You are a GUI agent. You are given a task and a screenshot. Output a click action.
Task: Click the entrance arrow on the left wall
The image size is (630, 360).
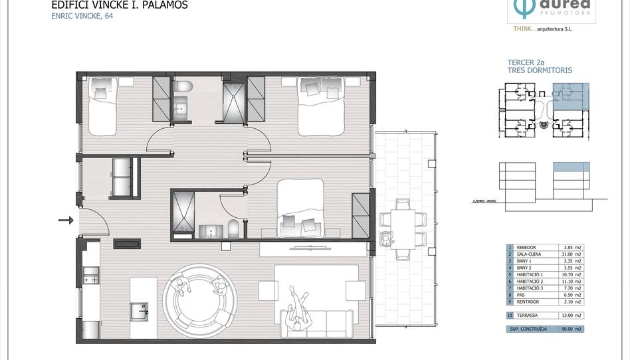pyautogui.click(x=66, y=220)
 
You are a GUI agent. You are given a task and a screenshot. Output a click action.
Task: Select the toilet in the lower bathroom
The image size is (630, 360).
pyautogui.click(x=233, y=228)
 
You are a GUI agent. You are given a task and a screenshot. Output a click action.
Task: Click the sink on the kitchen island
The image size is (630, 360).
pyautogui.click(x=140, y=310)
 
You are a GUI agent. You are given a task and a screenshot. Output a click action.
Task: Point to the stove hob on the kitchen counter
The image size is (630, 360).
pyautogui.click(x=90, y=275)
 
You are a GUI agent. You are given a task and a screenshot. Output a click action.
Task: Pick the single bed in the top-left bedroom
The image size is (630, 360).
pyautogui.click(x=100, y=103)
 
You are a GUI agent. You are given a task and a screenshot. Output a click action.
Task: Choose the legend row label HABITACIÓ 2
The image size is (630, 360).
pyautogui.click(x=534, y=282)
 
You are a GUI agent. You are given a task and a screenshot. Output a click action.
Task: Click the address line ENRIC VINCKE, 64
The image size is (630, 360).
pyautogui.click(x=82, y=17)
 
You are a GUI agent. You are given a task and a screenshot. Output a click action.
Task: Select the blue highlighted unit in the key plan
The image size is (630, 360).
pyautogui.click(x=570, y=96)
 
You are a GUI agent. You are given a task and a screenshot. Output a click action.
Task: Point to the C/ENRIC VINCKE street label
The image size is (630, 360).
pyautogui.click(x=484, y=200)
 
